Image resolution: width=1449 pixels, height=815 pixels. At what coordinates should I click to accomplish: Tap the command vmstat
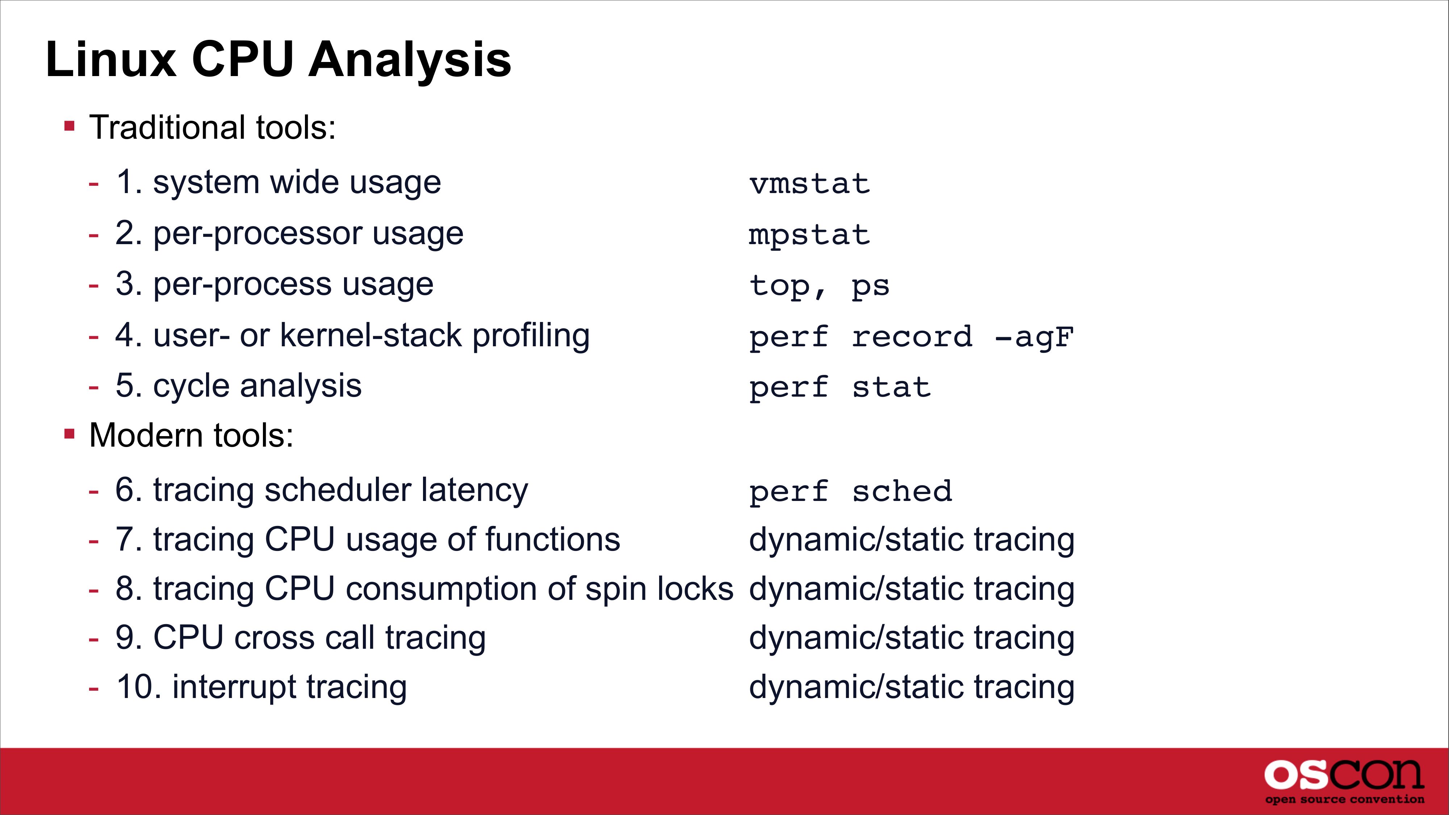click(809, 184)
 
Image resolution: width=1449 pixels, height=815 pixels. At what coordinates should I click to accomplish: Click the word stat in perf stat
click(892, 388)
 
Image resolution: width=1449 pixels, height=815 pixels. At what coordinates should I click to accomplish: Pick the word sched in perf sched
click(902, 491)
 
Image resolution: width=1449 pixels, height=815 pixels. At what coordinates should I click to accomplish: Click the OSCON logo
click(1344, 781)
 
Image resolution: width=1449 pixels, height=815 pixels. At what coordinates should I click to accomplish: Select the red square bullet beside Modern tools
click(69, 434)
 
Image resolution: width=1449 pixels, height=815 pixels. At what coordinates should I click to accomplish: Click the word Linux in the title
click(111, 60)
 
